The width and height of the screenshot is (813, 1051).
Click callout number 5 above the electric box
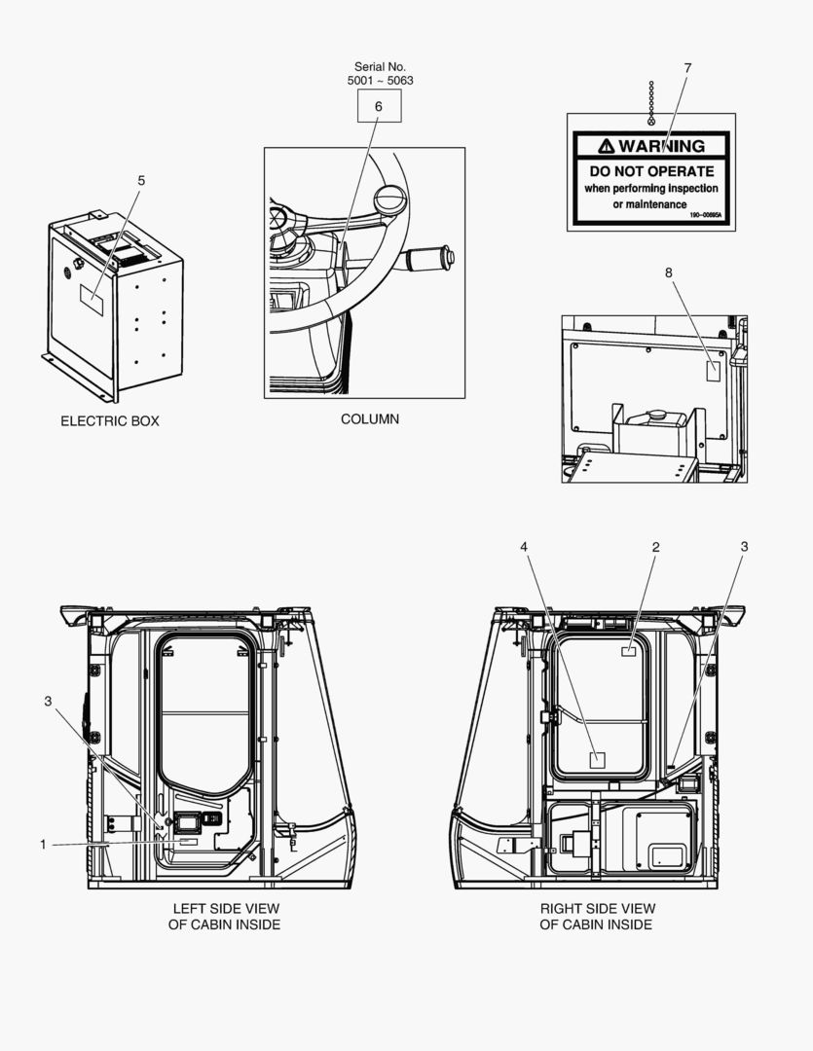(140, 181)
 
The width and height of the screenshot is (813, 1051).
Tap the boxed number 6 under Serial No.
(379, 106)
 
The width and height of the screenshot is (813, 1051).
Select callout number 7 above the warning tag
(687, 68)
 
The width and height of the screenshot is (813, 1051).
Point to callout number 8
(669, 273)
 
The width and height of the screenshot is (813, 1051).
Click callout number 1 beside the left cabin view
(43, 845)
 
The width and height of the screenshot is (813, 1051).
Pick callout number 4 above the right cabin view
(524, 547)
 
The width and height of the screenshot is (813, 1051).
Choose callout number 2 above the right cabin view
(655, 547)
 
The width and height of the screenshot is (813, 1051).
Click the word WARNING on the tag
(661, 146)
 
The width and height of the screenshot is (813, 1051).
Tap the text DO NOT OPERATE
(651, 171)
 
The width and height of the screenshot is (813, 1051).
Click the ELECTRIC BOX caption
(110, 421)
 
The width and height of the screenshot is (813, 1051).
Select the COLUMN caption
(369, 419)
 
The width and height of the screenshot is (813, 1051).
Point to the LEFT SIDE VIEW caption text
(224, 909)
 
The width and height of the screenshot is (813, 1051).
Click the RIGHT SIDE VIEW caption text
(598, 909)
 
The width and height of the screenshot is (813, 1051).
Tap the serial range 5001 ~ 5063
(380, 81)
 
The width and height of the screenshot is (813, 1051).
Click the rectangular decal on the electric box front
(92, 298)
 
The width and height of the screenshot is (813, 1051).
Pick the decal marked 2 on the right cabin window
(629, 651)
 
